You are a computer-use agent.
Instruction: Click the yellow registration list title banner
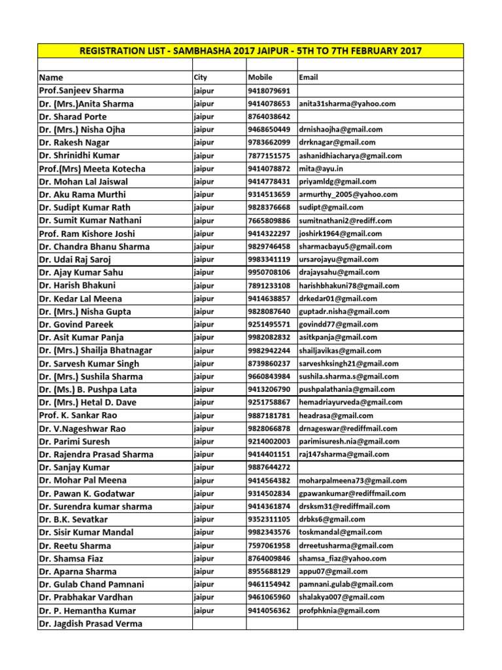coord(250,51)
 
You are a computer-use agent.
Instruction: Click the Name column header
coord(52,77)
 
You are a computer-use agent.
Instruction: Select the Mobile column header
coord(260,77)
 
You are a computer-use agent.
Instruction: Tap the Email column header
coord(309,77)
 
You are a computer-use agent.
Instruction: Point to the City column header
coord(201,77)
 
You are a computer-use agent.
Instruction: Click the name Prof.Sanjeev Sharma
coord(81,90)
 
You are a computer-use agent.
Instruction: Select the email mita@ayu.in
coord(322,169)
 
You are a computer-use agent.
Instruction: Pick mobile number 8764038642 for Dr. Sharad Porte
coord(269,116)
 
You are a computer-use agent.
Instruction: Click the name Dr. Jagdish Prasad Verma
coord(90,624)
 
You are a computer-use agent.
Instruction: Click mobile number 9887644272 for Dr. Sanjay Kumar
coord(269,467)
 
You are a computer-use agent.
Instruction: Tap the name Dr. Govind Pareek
coord(76,325)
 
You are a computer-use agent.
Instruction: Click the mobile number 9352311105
coord(269,519)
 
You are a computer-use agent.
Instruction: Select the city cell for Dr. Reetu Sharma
coord(204,545)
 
